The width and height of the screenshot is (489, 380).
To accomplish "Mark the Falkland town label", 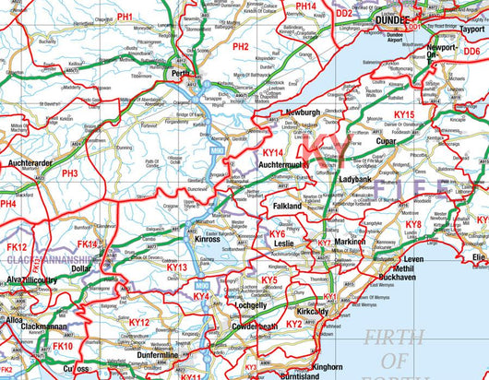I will point(286,208).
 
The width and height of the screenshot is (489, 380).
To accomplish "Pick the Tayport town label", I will point(470,28).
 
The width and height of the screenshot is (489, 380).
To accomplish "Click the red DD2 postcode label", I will point(343,14).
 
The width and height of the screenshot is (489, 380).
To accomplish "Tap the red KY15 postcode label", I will point(404,114).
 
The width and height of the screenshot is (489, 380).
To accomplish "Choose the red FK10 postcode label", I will point(62,346).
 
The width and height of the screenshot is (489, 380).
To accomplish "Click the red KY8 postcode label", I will point(414,224).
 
